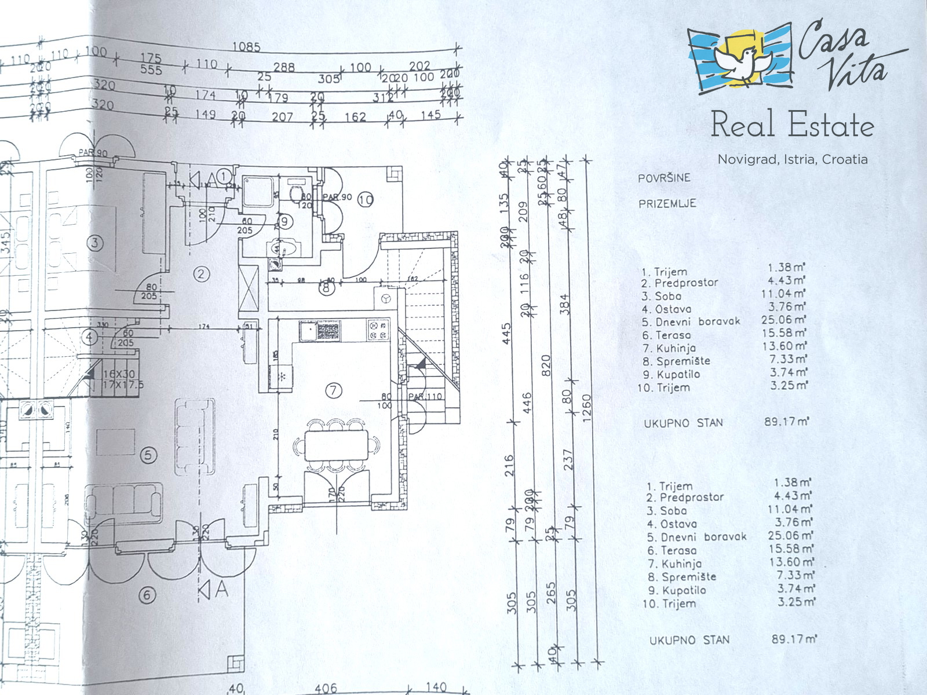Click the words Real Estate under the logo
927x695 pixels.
click(x=792, y=125)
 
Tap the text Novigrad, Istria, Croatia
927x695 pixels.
click(x=793, y=159)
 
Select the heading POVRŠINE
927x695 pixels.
click(x=664, y=178)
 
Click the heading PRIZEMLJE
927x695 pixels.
click(x=667, y=204)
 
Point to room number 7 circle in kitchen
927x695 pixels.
click(x=333, y=391)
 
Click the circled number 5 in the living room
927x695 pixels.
click(x=149, y=455)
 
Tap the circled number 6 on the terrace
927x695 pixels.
click(x=147, y=595)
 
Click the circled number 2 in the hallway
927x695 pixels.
click(x=201, y=274)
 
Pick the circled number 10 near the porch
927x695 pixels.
click(x=366, y=200)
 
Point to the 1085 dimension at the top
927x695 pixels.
click(x=246, y=47)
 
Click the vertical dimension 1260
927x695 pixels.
click(x=587, y=408)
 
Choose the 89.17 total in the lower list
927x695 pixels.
click(x=794, y=639)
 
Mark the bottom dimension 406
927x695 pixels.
click(x=326, y=687)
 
